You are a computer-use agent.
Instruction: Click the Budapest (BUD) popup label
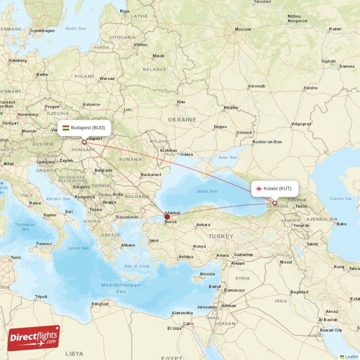(84, 128)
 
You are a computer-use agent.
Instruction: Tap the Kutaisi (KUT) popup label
(274, 189)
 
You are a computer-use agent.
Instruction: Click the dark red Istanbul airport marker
(167, 217)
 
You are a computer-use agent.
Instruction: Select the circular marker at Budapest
(84, 142)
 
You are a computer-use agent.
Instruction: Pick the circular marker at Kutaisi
(274, 203)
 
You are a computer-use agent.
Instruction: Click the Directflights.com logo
(34, 338)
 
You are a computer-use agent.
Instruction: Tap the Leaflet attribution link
(351, 356)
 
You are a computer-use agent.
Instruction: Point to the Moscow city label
(243, 29)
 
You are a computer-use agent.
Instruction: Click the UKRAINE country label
(182, 120)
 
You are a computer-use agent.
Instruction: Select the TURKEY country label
(221, 236)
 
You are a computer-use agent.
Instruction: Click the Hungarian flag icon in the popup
(66, 128)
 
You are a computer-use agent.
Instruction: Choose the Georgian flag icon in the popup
(259, 189)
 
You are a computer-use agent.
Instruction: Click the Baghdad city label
(299, 292)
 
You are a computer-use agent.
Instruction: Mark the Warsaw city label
(107, 78)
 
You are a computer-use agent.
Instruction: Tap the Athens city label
(128, 245)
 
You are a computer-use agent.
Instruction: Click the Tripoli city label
(41, 297)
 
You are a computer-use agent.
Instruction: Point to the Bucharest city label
(150, 175)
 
